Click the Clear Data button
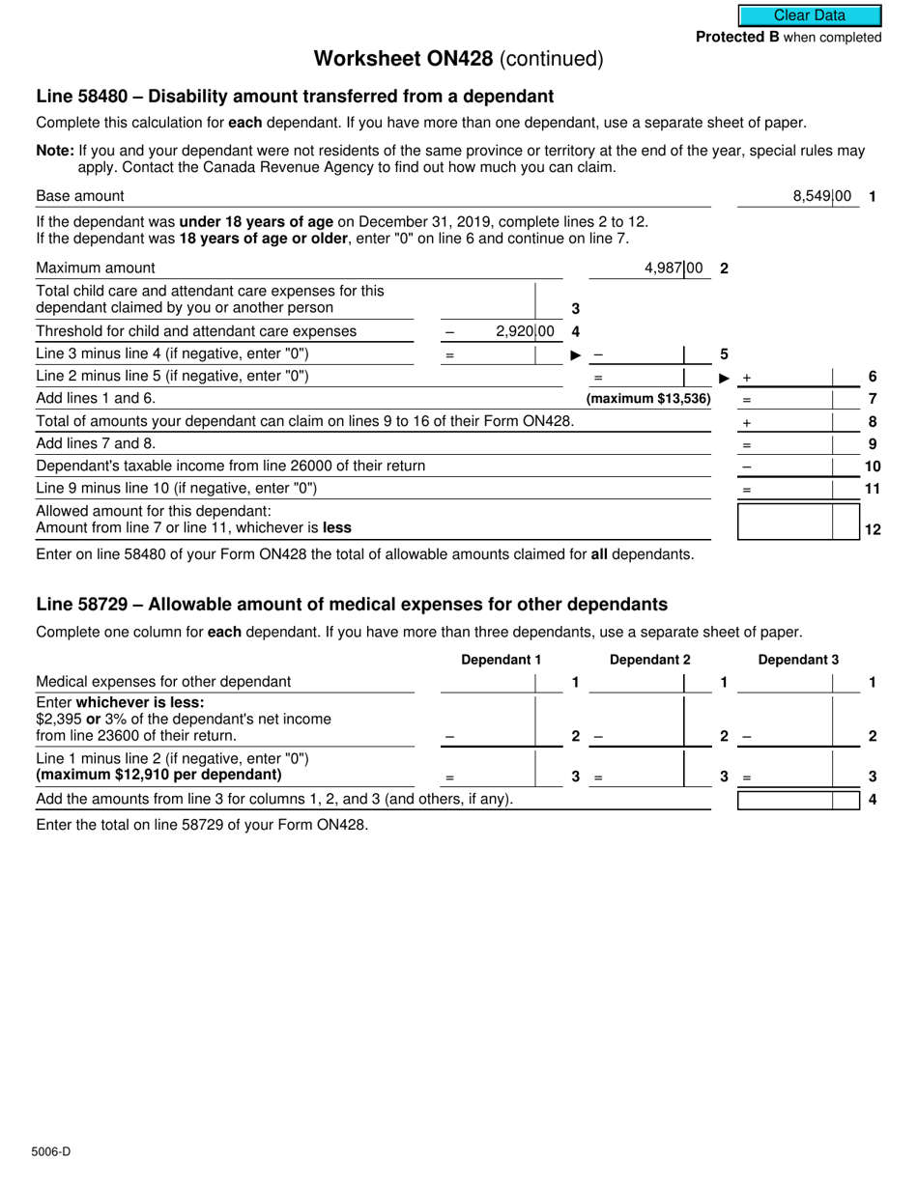(810, 15)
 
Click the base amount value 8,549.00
(821, 196)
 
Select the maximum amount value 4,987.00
(673, 269)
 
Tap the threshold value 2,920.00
(524, 331)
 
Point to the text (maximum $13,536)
(648, 399)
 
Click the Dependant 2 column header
(649, 660)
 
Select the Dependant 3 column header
(798, 660)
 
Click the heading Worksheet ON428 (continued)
(458, 59)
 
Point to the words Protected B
(736, 38)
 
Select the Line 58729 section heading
(352, 605)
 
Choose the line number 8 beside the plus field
(873, 422)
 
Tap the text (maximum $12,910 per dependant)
(158, 775)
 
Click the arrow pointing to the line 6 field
(725, 378)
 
